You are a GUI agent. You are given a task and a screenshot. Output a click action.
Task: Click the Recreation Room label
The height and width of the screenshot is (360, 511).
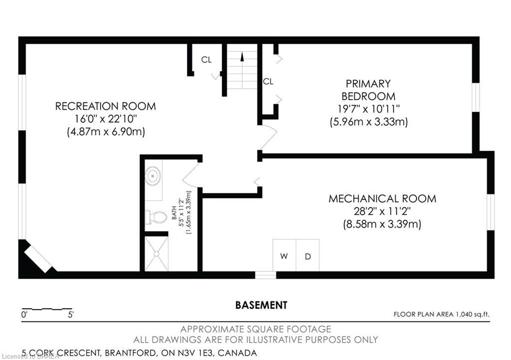pos(105,106)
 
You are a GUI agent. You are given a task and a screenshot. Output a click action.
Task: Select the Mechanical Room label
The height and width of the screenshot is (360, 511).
pos(382,198)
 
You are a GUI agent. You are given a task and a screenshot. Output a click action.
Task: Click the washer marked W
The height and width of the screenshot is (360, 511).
pos(284,256)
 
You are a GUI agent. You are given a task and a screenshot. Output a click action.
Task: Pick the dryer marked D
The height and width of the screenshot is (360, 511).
pos(308,256)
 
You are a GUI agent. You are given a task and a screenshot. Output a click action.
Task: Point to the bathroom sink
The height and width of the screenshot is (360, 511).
pos(153,176)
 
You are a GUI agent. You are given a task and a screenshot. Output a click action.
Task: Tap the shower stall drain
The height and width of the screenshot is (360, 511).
pos(156,254)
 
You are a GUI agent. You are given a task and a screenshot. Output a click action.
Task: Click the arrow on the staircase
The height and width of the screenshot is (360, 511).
pos(242,57)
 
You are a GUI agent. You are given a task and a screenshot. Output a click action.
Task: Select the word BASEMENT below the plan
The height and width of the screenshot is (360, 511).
pos(261,305)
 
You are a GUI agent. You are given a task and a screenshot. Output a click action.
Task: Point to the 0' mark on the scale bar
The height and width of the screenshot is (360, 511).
pos(24,315)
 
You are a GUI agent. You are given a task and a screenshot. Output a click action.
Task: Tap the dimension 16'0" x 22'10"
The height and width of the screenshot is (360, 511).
pos(105,119)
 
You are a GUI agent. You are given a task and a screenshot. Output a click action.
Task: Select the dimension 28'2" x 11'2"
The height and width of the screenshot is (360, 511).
pos(382,211)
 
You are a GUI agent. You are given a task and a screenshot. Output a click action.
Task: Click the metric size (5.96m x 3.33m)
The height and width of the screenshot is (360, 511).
pos(368,121)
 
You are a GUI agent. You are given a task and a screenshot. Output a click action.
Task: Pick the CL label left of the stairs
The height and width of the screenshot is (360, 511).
pos(206,60)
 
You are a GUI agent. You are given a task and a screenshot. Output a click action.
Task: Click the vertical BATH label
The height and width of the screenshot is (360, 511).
pos(175,213)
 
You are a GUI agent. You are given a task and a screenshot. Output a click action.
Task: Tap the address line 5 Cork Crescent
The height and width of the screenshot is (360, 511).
pos(140,353)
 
